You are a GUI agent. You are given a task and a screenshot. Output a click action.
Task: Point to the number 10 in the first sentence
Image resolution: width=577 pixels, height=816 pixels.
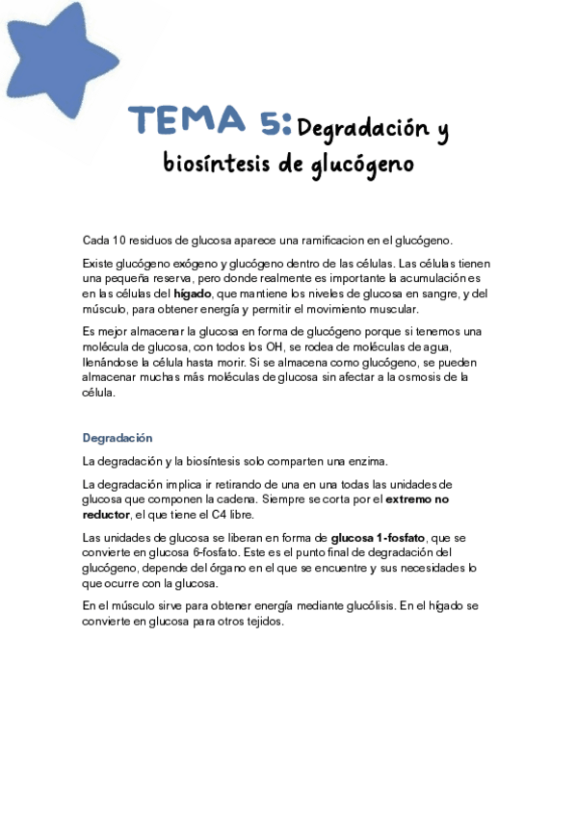pos(119,241)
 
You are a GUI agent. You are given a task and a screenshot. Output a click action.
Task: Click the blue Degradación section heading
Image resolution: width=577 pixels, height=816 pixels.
pos(118,438)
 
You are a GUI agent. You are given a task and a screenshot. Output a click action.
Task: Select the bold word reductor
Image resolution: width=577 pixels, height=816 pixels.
pos(108,515)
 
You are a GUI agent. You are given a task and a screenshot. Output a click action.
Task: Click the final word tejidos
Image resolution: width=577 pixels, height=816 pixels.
pos(262,621)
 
